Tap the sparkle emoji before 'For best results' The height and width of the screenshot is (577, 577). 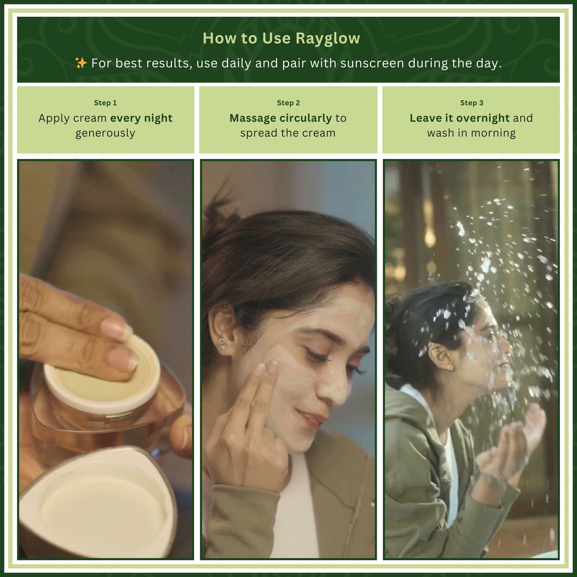coord(81,63)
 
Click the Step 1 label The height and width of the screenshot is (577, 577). coord(105,103)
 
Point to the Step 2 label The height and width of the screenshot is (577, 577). coord(288,103)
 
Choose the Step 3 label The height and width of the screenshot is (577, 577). coord(472,103)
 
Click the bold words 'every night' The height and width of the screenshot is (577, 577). coord(141,118)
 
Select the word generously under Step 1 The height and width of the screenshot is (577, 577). coord(105,133)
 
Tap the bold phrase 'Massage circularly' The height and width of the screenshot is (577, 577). coord(280,118)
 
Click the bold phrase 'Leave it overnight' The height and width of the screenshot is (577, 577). coord(459,118)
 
